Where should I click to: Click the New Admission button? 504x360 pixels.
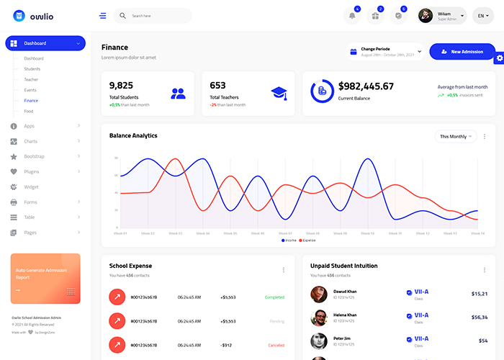click(462, 52)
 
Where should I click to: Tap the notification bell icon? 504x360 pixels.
click(352, 16)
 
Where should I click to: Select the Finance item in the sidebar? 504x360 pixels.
click(31, 100)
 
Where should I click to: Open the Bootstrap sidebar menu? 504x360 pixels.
click(35, 156)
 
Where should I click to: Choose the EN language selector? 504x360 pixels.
click(482, 16)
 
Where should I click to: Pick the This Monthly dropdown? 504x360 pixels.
click(456, 136)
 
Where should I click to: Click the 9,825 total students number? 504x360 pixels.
click(122, 85)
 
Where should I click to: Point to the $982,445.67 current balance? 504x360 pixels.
click(366, 86)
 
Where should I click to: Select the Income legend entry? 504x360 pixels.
click(289, 240)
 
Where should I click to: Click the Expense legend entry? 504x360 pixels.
click(307, 240)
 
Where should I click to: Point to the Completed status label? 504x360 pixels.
click(274, 297)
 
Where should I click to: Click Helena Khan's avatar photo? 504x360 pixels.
click(319, 318)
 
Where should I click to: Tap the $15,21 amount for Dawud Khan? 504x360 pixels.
click(479, 294)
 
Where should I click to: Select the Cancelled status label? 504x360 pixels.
click(276, 345)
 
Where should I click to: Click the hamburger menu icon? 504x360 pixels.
click(103, 16)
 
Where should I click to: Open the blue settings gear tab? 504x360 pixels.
click(499, 58)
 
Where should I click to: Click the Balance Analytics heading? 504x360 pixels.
click(133, 135)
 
